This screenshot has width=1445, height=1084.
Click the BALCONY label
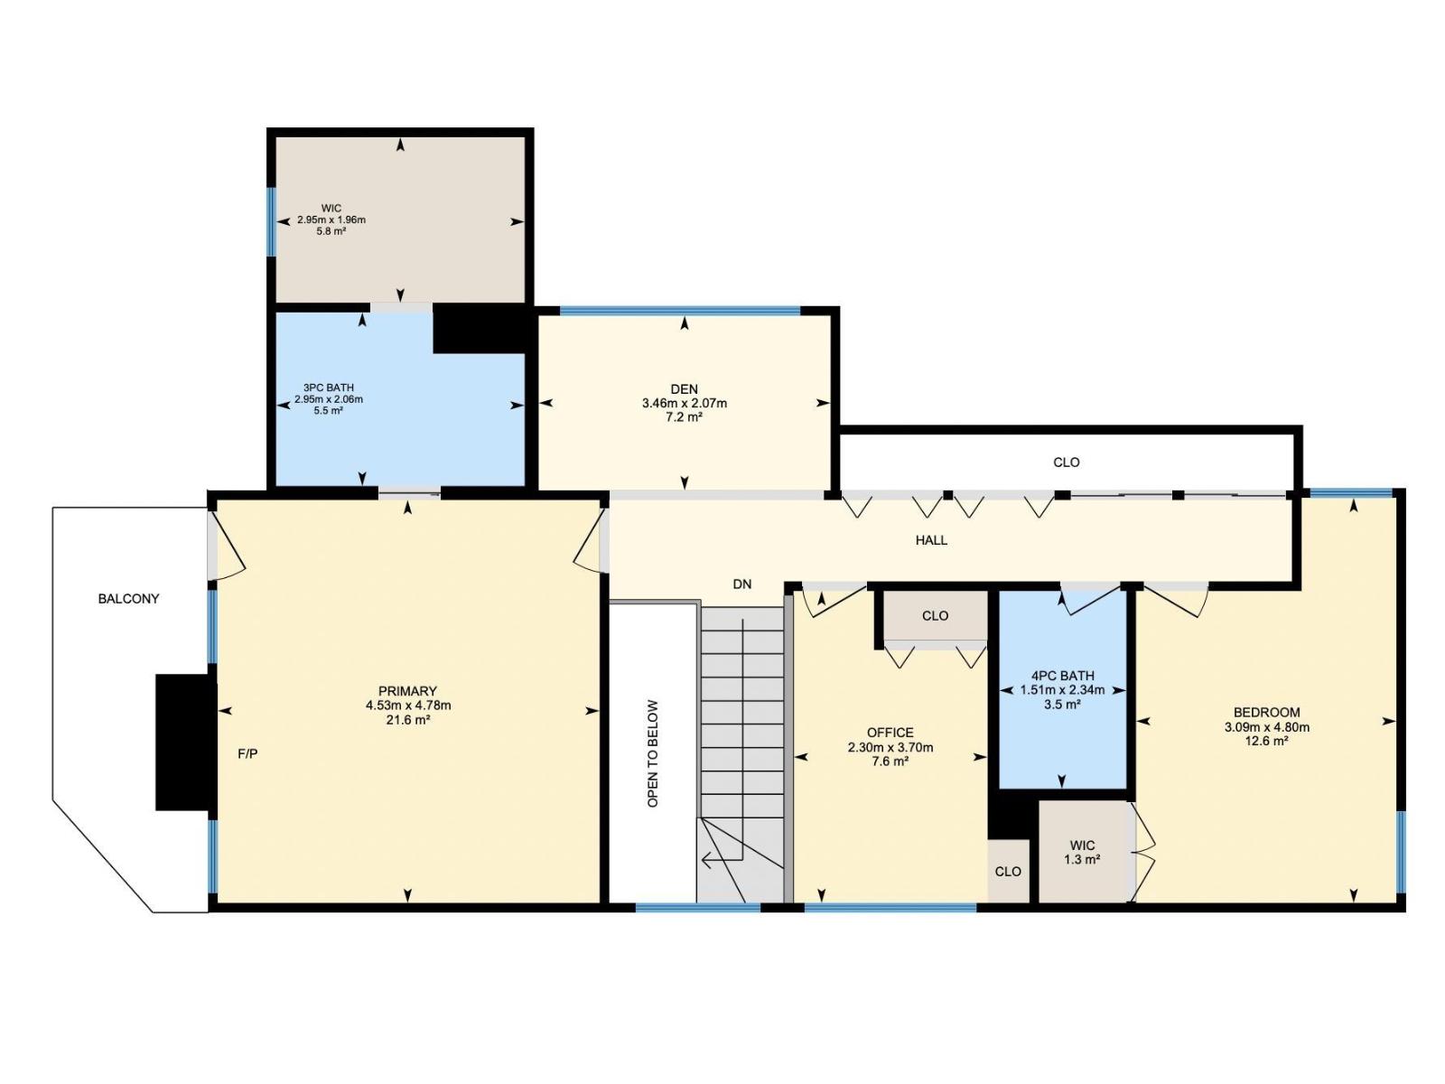(x=128, y=599)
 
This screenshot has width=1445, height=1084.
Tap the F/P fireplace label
(x=247, y=754)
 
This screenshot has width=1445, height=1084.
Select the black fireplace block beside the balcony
(x=185, y=742)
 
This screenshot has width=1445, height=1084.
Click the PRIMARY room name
(x=407, y=691)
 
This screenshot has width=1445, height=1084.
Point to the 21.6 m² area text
(x=408, y=720)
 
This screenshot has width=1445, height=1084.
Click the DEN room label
(x=684, y=389)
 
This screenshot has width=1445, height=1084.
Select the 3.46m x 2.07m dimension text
(x=684, y=404)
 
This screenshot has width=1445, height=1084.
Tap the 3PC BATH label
(x=329, y=388)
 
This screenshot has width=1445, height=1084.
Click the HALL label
(x=931, y=540)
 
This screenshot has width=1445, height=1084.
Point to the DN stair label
(x=742, y=584)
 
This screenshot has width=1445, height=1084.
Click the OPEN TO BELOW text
(x=653, y=753)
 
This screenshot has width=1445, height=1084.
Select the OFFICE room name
(x=890, y=733)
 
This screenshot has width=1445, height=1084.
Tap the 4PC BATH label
(x=1062, y=676)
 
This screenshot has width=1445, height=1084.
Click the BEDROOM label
(x=1266, y=712)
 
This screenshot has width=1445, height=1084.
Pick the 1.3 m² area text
(x=1082, y=859)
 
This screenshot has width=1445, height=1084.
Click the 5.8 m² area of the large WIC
(x=331, y=231)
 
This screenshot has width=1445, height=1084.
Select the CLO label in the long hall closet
(x=1067, y=463)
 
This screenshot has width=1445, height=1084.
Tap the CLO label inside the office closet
(x=935, y=616)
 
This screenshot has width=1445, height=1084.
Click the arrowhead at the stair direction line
(x=705, y=860)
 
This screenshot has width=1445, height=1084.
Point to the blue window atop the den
(x=680, y=309)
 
